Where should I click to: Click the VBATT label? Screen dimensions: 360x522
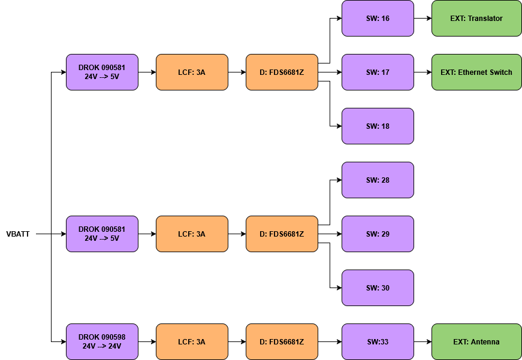click(x=18, y=234)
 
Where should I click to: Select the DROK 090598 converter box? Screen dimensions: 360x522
click(x=102, y=341)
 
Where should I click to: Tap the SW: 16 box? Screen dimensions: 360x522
click(x=378, y=18)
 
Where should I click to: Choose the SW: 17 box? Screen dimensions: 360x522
click(x=378, y=72)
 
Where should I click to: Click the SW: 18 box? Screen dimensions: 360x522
click(x=378, y=126)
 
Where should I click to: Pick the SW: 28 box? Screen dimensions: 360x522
click(x=378, y=180)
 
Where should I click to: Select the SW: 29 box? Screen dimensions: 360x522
click(x=378, y=234)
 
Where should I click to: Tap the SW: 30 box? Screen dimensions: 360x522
click(x=378, y=288)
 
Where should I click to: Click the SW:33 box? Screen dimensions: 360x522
click(x=378, y=341)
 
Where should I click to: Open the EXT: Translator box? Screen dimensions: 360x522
click(x=476, y=18)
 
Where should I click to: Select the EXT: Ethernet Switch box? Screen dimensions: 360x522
click(x=476, y=72)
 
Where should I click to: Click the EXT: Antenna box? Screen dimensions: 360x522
click(x=476, y=341)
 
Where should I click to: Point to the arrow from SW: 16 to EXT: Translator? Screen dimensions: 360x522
click(x=423, y=18)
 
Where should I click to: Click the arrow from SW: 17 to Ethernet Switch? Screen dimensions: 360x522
click(x=423, y=72)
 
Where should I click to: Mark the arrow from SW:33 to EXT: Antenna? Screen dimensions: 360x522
click(x=423, y=341)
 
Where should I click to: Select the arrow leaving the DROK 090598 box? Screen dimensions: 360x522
click(x=147, y=341)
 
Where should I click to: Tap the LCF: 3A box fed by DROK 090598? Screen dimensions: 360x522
click(x=192, y=341)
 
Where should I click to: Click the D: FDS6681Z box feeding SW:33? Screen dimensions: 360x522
click(x=282, y=341)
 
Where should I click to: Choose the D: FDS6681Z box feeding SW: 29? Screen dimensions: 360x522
click(x=282, y=234)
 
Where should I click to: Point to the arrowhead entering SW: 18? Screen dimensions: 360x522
click(x=339, y=126)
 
